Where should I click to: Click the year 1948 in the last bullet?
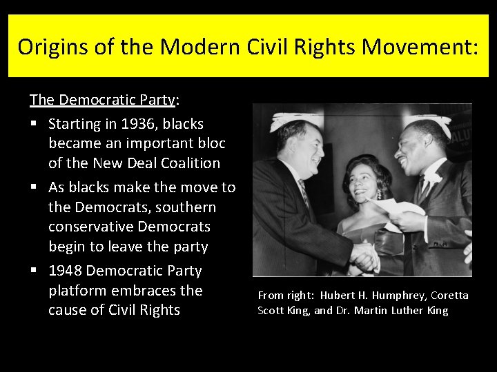68,271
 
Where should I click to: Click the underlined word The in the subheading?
42,100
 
